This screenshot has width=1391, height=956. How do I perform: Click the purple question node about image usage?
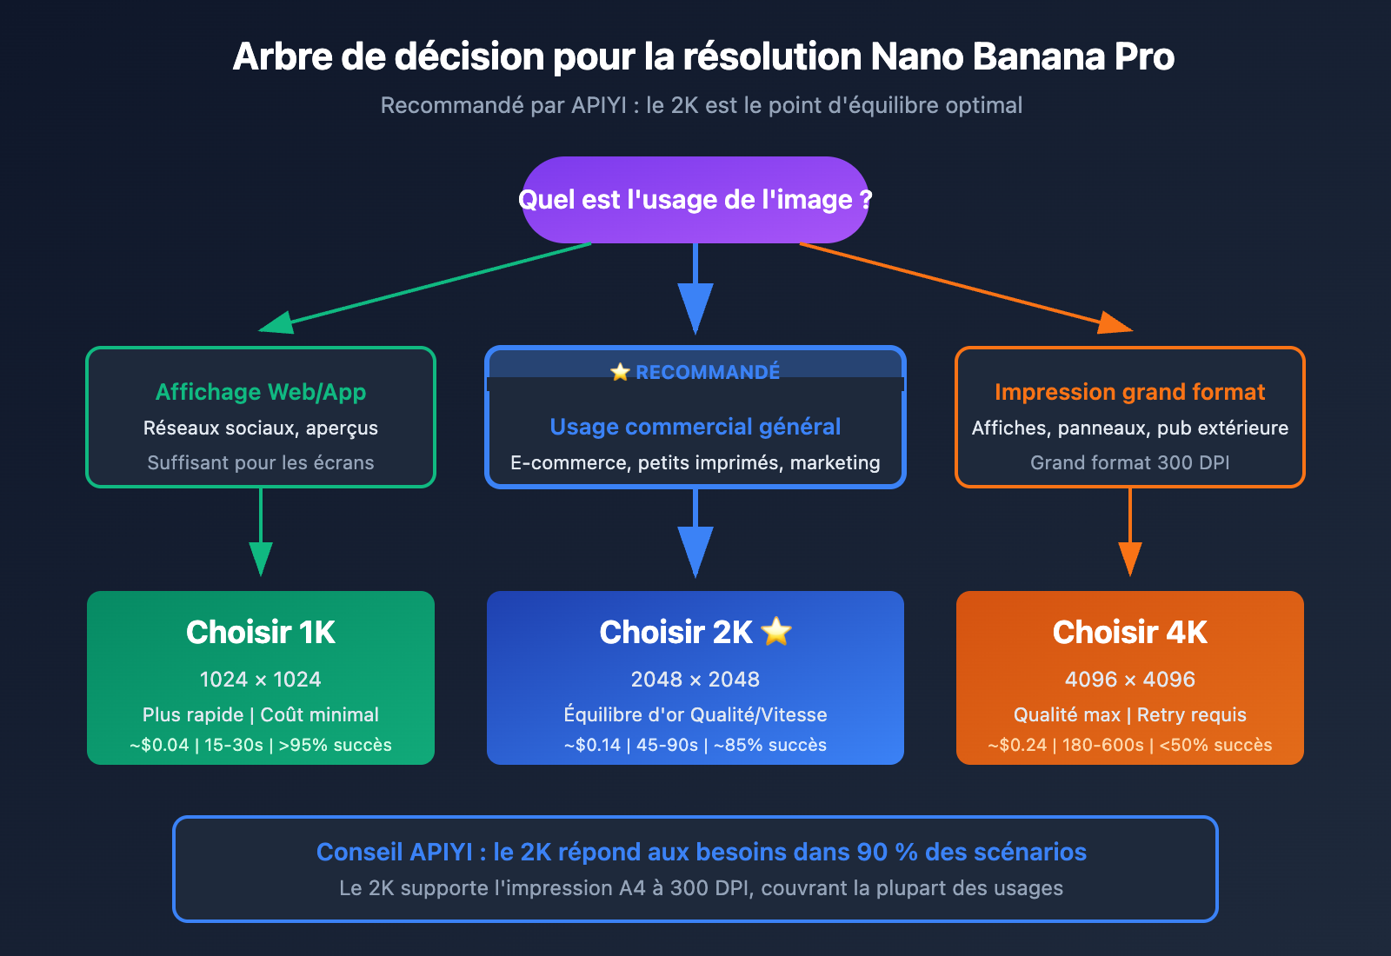point(695,200)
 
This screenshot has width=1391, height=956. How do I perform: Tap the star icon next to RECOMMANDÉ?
point(620,372)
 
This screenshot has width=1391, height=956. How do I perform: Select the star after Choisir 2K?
point(776,632)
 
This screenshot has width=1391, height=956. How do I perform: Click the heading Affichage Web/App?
point(261,392)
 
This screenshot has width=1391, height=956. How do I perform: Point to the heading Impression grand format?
point(1129,392)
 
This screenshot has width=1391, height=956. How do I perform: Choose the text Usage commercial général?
point(695,427)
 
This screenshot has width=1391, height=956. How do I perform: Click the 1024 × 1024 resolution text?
point(261,680)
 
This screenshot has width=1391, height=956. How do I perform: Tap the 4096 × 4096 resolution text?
point(1129,680)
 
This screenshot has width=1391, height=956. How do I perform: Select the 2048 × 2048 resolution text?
point(695,680)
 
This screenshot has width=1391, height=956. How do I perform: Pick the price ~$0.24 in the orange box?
point(1017,745)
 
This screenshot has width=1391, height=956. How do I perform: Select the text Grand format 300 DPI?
point(1129,462)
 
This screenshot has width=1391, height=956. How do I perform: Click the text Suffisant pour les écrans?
point(261,462)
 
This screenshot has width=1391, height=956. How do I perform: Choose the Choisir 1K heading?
point(261,632)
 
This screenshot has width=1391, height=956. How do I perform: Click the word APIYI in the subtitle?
point(599,105)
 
